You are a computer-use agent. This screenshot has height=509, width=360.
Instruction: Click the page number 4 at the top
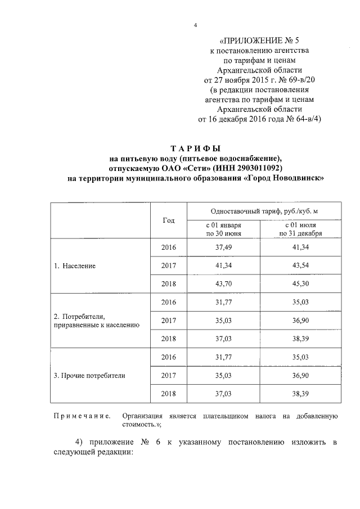(195, 25)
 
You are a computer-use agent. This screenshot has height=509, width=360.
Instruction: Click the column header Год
(168, 220)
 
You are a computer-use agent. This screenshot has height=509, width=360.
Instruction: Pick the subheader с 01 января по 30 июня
(223, 229)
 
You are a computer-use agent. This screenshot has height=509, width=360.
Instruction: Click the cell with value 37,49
(223, 247)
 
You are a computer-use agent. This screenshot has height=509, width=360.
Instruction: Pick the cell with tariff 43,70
(223, 283)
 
